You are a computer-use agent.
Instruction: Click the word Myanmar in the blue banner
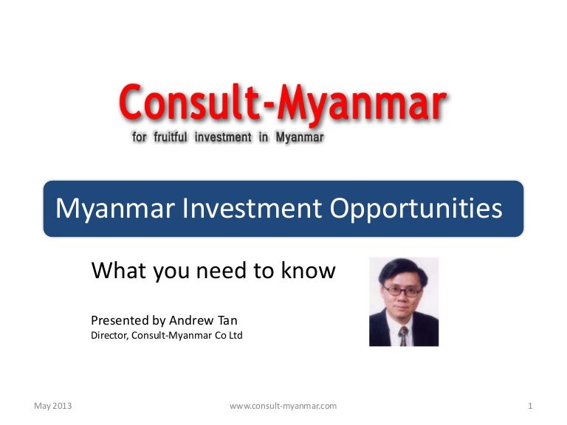click(113, 210)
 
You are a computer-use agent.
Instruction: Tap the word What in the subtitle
click(116, 271)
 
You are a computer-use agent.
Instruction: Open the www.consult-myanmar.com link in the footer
click(283, 406)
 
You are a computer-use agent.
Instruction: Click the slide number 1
click(531, 406)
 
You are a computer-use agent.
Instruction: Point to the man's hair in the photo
click(403, 269)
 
